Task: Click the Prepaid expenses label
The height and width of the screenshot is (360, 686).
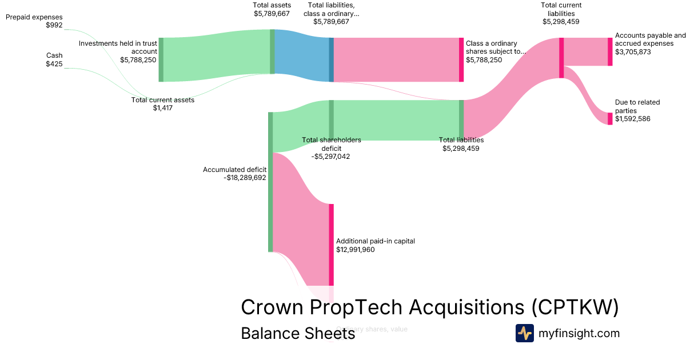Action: coord(34,17)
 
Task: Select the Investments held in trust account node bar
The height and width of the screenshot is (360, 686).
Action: coord(161,59)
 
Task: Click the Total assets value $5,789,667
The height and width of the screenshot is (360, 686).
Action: coord(272,13)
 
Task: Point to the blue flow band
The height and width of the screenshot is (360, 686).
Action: coord(302,56)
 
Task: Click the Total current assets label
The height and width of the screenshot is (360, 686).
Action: coord(163,100)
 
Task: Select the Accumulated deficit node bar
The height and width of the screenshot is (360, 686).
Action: coord(270,182)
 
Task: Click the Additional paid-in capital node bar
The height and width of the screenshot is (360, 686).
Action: coord(331,245)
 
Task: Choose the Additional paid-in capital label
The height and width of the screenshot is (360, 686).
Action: coord(376,241)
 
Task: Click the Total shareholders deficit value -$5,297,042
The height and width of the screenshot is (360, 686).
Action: coord(331,157)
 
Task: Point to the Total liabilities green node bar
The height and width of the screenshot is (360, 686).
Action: coord(461,119)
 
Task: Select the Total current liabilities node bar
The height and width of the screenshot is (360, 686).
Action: coord(561,57)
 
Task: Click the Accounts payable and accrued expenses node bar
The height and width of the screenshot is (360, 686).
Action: coord(610,51)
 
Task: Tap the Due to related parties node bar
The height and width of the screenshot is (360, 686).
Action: coord(610,118)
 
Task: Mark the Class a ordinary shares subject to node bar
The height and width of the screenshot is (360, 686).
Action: coord(461,59)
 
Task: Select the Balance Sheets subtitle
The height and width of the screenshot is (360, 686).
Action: coord(298,333)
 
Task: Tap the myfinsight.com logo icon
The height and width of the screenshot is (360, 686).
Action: coord(524,333)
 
